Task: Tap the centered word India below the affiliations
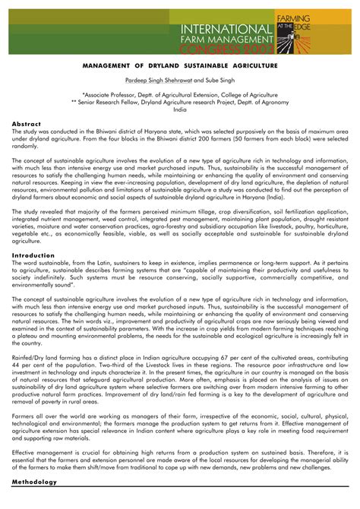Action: click(x=180, y=109)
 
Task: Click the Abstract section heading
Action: click(x=28, y=123)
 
